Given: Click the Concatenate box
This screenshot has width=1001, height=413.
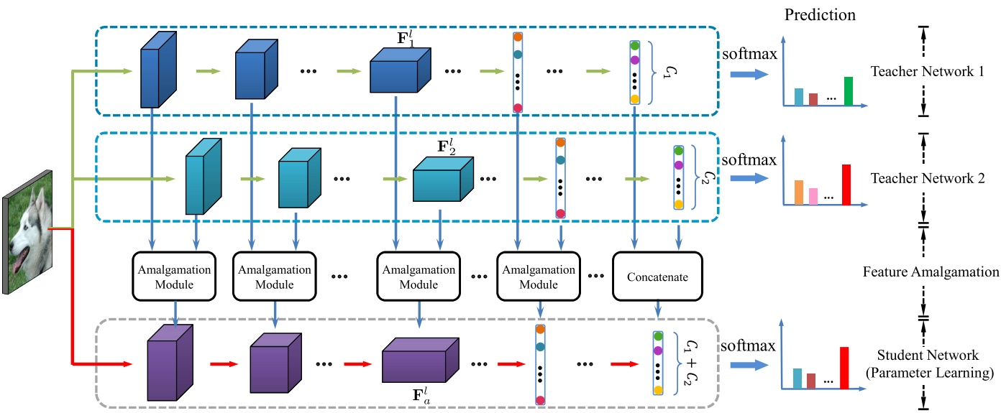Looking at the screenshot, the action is pos(657,277).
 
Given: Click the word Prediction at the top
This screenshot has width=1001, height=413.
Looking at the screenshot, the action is pos(820,15).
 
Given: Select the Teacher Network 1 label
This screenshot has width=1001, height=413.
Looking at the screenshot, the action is pos(927,71).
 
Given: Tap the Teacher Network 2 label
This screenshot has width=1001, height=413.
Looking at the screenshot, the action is pos(928,178).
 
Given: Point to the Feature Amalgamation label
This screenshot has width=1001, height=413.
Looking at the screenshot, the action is pos(931,272).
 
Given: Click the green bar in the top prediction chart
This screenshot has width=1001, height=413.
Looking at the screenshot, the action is pos(848,91).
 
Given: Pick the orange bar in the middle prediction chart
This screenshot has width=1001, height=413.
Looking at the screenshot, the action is pos(798,192).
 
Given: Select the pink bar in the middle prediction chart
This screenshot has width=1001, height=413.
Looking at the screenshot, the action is pos(813,197).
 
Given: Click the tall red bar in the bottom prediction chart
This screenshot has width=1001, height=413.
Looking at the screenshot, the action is pos(844,368).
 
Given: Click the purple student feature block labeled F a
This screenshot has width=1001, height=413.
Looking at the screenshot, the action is pos(421,360).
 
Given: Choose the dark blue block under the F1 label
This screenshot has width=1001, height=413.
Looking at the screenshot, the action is pos(401,70).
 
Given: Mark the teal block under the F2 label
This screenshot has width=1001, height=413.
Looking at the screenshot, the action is pos(443,179).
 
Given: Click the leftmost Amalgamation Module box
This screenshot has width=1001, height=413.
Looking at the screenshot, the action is pos(174,277).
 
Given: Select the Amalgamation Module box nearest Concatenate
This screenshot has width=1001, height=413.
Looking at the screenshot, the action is pos(539,277).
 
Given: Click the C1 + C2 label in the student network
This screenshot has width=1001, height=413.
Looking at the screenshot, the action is pos(691,363).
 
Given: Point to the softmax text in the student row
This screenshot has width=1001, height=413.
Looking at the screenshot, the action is pos(748,345).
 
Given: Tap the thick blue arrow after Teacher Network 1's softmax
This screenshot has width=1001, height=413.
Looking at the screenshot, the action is pos(749,74).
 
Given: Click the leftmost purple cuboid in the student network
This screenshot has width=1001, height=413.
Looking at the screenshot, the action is pos(170,363).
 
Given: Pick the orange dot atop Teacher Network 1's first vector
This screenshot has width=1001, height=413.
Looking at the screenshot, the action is pos(518,37).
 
